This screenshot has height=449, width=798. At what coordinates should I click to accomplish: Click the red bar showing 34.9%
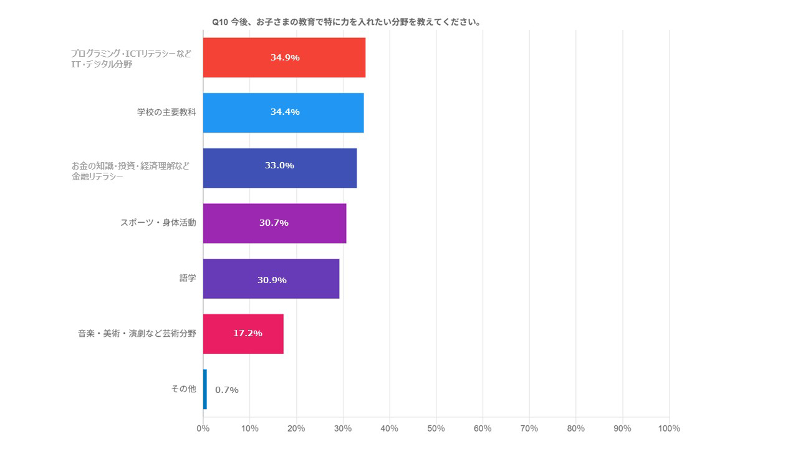[284, 57]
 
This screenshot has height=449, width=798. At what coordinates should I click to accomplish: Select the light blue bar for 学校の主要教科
[283, 112]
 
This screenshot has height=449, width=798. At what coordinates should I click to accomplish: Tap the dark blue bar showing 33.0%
[279, 168]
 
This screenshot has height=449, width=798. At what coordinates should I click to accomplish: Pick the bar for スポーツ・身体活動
[274, 223]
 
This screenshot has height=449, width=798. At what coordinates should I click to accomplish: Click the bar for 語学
[271, 279]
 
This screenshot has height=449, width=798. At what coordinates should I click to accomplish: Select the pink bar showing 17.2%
[243, 334]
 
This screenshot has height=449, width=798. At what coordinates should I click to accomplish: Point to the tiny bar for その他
[204, 389]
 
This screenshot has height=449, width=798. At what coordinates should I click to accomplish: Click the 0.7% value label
[227, 390]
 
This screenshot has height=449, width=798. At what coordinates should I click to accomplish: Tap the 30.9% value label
[272, 280]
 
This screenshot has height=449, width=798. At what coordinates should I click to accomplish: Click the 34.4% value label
[285, 112]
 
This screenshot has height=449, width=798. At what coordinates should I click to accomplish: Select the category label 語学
[188, 278]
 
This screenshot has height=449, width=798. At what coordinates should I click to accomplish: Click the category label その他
[183, 389]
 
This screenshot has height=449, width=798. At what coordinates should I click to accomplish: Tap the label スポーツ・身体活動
[158, 223]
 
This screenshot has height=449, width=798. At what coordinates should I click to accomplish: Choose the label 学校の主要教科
[166, 112]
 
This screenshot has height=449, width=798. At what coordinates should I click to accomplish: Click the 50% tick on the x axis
[436, 428]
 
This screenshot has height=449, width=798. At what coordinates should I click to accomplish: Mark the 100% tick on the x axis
[668, 428]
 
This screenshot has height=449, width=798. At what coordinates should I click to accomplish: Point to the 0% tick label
[203, 428]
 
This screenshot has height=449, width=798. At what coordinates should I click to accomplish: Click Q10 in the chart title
[220, 22]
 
